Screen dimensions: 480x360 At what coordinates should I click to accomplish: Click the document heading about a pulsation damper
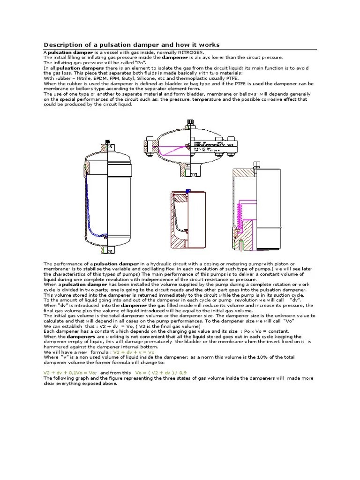(x=131, y=45)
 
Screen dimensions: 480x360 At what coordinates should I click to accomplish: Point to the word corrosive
(x=260, y=99)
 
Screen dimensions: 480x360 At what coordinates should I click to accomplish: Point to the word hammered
(x=59, y=347)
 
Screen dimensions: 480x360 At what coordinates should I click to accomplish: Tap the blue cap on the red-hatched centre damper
(x=187, y=190)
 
